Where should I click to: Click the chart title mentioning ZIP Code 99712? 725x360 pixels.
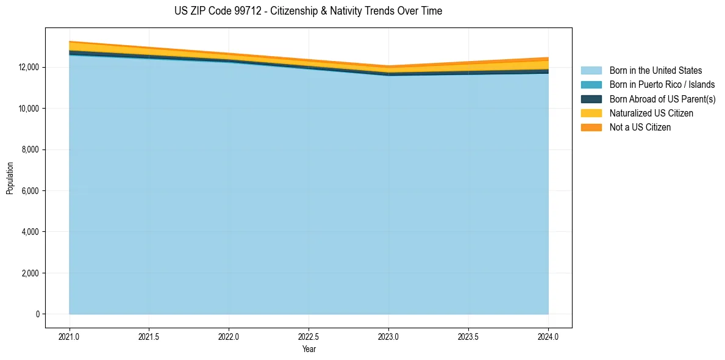pos(308,11)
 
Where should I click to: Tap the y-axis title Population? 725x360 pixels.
pos(10,178)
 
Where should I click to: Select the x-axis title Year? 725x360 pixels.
pos(309,349)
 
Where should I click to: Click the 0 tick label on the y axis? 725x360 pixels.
pos(38,314)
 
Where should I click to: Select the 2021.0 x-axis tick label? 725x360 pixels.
pos(69,336)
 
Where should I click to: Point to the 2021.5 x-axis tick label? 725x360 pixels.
pos(149,336)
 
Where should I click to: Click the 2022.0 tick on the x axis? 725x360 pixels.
pos(229,336)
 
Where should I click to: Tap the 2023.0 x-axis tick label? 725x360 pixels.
pos(388,336)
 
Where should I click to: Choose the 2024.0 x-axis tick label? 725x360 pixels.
pos(548,336)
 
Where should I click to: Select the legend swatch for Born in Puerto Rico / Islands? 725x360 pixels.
pos(591,85)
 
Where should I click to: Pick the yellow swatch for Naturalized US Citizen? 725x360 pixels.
pos(591,113)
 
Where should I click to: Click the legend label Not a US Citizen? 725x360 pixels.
pos(640,128)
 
